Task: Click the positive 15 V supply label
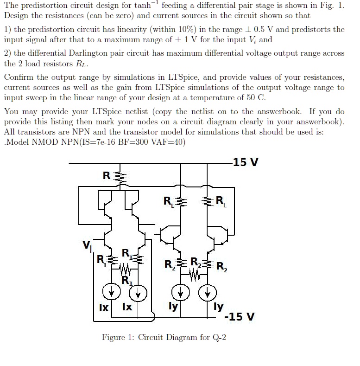point(246,162)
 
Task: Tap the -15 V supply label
point(239,316)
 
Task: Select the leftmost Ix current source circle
point(112,292)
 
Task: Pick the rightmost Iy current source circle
point(208,292)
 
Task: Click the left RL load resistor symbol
point(181,202)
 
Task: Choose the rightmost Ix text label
point(127,307)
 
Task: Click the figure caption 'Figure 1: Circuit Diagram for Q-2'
point(164,337)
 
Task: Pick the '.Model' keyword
point(17,141)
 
